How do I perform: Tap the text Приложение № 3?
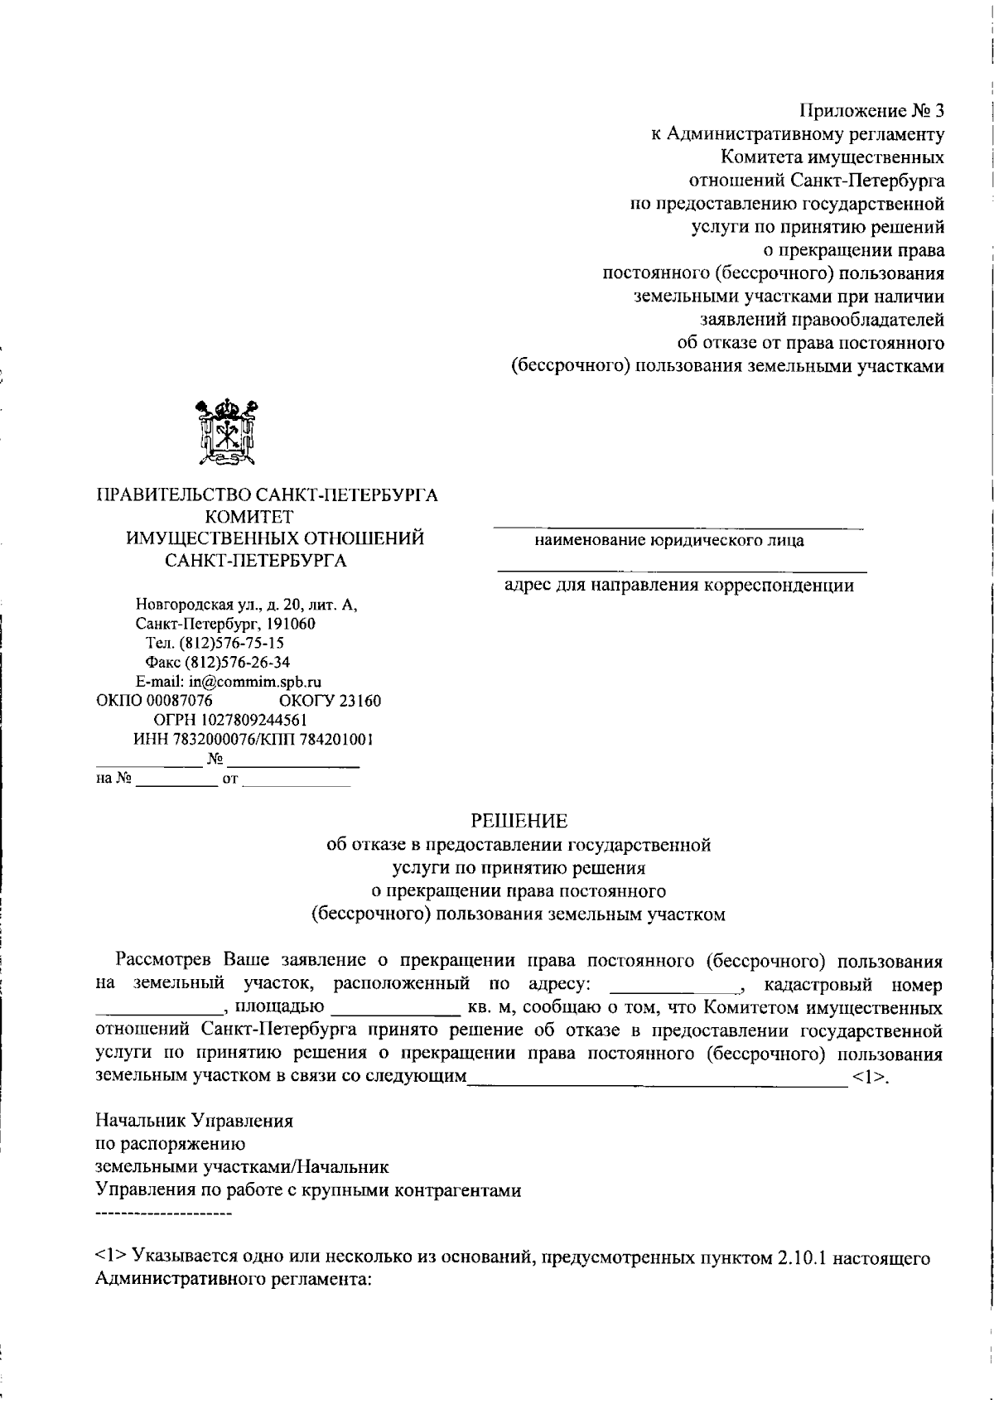pyautogui.click(x=871, y=111)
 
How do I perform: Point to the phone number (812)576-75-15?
pyautogui.click(x=226, y=643)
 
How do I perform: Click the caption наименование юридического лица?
pyautogui.click(x=668, y=541)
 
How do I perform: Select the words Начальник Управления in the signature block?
pyautogui.click(x=195, y=1122)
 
